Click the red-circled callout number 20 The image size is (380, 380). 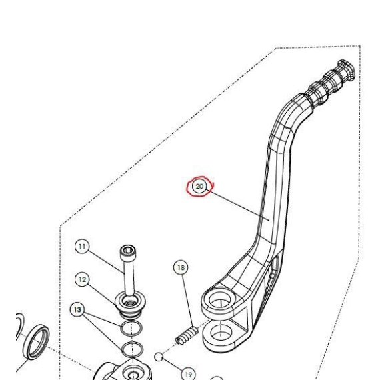pyautogui.click(x=199, y=187)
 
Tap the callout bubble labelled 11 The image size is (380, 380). pyautogui.click(x=82, y=247)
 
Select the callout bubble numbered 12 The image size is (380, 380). pyautogui.click(x=82, y=279)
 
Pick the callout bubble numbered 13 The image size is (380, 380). pyautogui.click(x=77, y=309)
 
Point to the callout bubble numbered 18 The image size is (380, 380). pyautogui.click(x=181, y=267)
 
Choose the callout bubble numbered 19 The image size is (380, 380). pyautogui.click(x=188, y=375)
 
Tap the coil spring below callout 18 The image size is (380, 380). pyautogui.click(x=187, y=335)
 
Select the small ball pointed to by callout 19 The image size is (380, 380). pyautogui.click(x=159, y=357)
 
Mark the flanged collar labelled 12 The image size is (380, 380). pyautogui.click(x=131, y=303)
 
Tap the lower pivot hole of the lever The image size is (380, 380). pyautogui.click(x=221, y=333)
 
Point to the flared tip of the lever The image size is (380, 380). pyautogui.click(x=346, y=69)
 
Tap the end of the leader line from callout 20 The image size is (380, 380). pyautogui.click(x=269, y=220)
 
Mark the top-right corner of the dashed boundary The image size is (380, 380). pyautogui.click(x=360, y=46)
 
